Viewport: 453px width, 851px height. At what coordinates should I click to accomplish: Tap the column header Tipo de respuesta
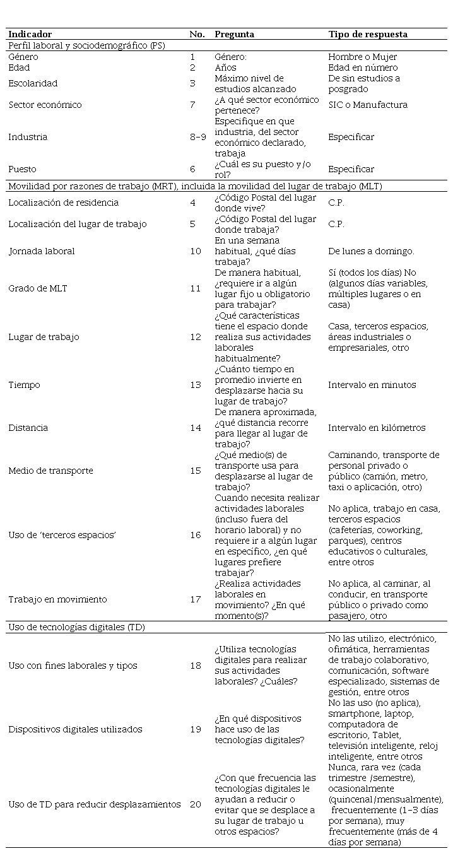[x=367, y=34]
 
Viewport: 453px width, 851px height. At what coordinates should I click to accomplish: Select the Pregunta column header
[x=234, y=34]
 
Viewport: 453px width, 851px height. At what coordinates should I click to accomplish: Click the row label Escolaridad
[x=33, y=83]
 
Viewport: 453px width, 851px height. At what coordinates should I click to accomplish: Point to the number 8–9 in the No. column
[x=197, y=137]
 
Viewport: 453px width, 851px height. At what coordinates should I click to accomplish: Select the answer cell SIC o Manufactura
[x=367, y=105]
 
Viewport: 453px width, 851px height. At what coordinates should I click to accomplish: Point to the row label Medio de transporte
[x=50, y=471]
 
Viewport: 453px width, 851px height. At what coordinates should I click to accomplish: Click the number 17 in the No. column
[x=196, y=599]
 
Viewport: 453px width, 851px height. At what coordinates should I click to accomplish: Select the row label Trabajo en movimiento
[x=57, y=599]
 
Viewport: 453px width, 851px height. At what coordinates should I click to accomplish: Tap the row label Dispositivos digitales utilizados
[x=75, y=729]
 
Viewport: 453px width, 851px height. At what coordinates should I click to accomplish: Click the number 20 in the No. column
[x=196, y=804]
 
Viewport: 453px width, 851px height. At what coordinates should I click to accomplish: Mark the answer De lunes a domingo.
[x=371, y=251]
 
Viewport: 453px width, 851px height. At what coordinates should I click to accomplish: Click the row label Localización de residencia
[x=63, y=202]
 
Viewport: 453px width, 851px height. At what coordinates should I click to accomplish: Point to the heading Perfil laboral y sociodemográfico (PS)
[x=86, y=45]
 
